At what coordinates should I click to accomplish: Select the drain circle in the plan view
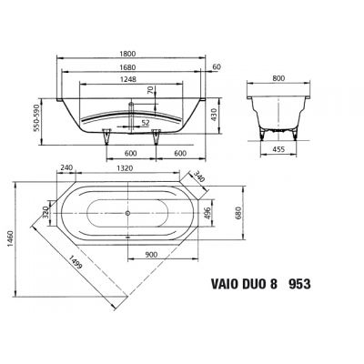(128, 213)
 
